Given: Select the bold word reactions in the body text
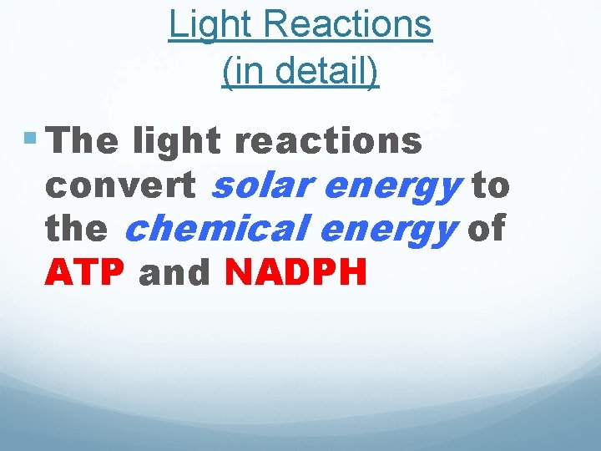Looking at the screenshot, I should click(x=328, y=141).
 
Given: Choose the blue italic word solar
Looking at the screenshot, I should click(x=264, y=185).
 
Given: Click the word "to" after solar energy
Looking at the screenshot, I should click(x=491, y=185).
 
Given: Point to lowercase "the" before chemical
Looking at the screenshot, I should click(x=76, y=229).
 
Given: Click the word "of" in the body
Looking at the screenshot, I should click(x=486, y=229).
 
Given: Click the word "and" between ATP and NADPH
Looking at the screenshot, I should click(x=175, y=272).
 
